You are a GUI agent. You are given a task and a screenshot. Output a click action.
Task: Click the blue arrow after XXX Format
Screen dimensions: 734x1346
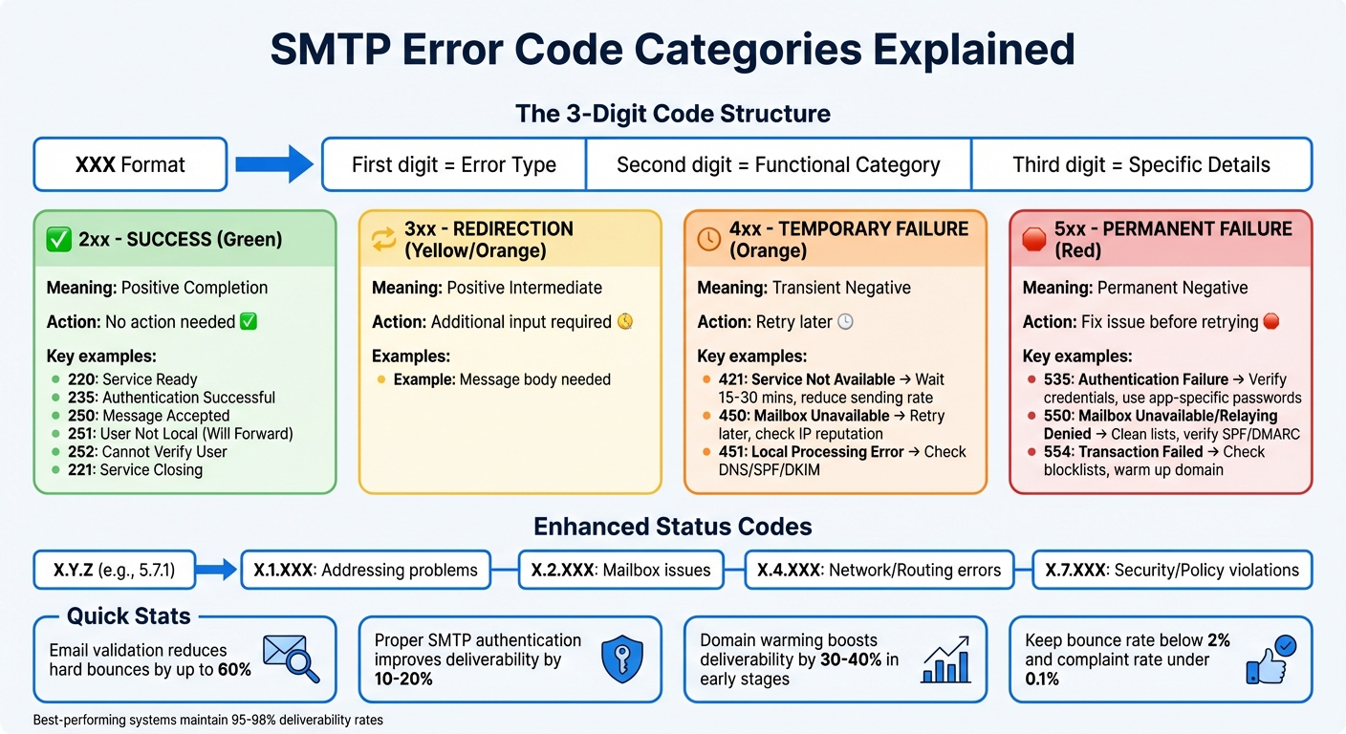tap(273, 164)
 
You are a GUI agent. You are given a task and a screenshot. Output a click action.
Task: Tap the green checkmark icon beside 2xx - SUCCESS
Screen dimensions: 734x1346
tap(59, 239)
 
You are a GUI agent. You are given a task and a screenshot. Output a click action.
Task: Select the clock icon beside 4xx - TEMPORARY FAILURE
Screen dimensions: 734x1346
tap(709, 239)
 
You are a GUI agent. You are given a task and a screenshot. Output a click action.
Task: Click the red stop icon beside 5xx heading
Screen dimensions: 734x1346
tap(1034, 239)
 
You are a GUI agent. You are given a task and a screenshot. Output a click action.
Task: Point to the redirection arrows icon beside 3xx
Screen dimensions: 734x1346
tap(384, 239)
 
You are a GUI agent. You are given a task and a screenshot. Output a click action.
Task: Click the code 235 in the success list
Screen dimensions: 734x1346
tap(82, 398)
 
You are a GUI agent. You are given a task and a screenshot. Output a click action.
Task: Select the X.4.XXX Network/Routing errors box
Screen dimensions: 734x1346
tap(879, 571)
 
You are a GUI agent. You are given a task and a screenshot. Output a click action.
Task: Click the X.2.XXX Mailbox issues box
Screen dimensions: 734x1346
tap(621, 571)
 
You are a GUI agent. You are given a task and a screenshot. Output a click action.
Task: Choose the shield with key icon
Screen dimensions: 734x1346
tap(616, 658)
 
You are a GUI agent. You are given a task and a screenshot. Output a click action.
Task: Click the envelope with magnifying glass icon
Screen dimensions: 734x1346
tap(291, 658)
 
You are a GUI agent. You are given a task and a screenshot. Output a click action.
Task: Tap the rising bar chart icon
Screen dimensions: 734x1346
tap(944, 659)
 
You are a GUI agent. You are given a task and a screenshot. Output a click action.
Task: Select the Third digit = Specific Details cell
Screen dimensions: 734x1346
tap(1141, 164)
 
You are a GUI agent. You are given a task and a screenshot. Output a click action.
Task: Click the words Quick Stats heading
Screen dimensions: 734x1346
tap(129, 616)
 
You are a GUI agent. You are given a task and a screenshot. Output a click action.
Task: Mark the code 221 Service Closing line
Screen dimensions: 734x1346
tap(135, 470)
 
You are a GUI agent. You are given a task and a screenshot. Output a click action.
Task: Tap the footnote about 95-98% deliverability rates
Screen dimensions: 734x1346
tap(207, 720)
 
